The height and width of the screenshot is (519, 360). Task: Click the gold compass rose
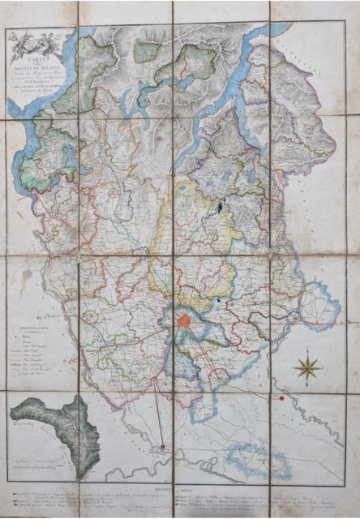tap(307, 367)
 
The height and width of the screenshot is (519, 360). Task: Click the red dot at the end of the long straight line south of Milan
tap(162, 445)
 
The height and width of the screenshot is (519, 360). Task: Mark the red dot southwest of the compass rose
tap(281, 398)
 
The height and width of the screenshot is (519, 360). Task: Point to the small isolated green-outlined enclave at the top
tap(147, 51)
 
